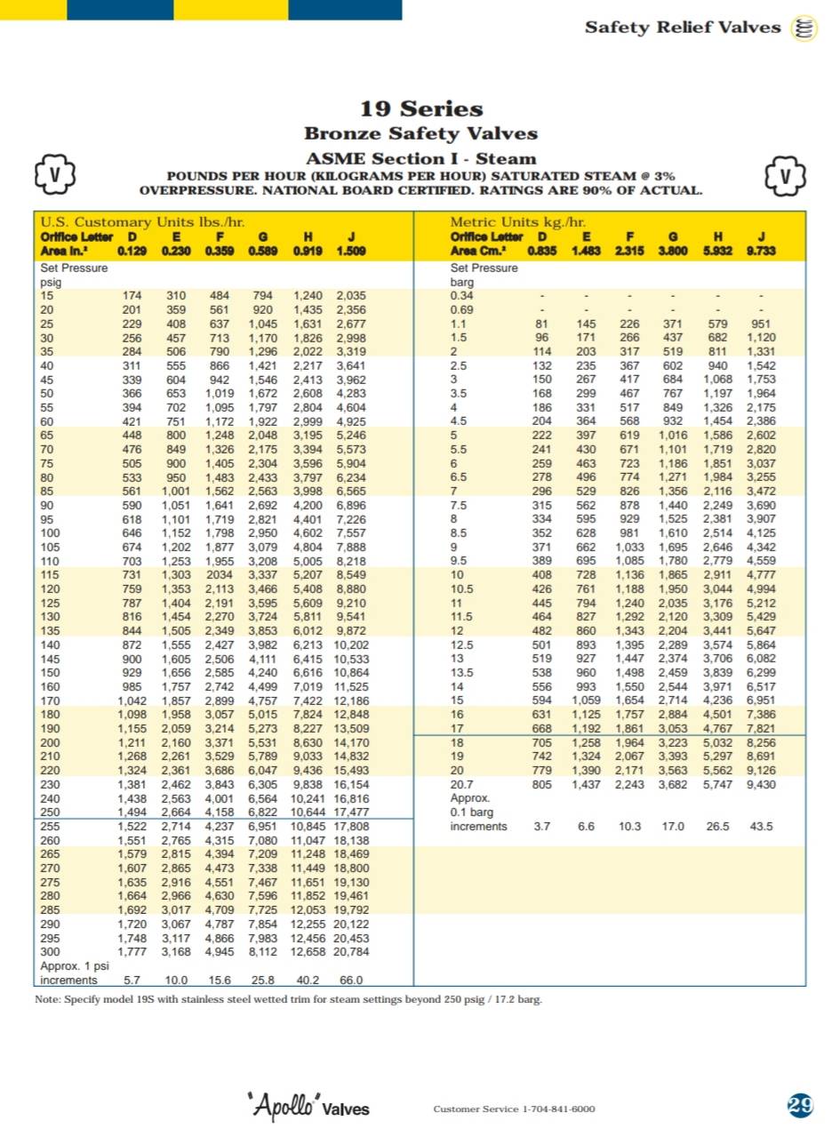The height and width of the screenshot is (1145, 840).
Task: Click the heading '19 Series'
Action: point(420,109)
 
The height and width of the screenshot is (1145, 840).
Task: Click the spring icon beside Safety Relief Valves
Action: point(804,28)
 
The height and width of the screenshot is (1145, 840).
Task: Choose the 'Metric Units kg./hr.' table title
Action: point(517,221)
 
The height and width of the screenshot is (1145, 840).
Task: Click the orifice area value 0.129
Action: point(132,251)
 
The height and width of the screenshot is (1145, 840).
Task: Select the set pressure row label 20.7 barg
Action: point(462,784)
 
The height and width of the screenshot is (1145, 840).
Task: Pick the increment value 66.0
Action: point(351,981)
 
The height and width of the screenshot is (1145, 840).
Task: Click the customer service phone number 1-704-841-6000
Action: point(558,1109)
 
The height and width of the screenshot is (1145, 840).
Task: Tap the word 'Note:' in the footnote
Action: point(49,999)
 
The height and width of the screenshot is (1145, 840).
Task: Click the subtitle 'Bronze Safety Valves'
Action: point(420,134)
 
